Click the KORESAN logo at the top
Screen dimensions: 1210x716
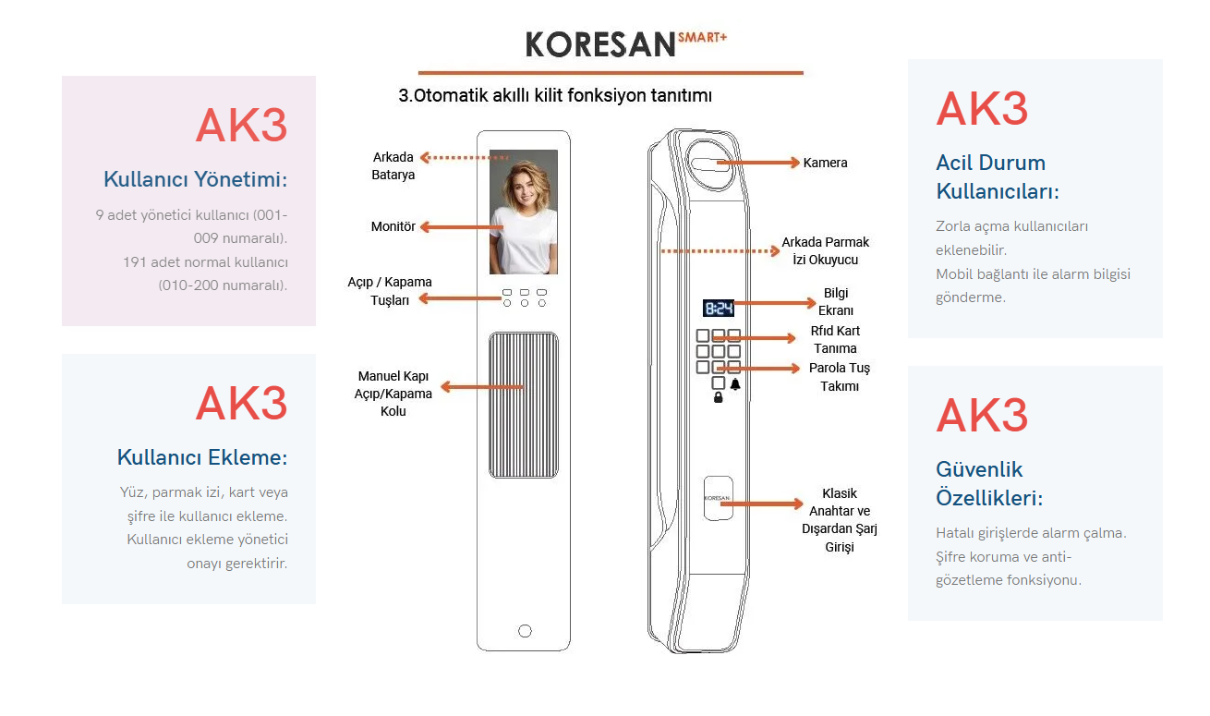click(626, 43)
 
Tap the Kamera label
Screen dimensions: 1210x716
click(825, 163)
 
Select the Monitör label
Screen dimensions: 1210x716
click(393, 226)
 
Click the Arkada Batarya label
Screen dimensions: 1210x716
click(393, 166)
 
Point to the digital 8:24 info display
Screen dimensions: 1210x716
click(719, 308)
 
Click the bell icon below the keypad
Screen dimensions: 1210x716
click(735, 384)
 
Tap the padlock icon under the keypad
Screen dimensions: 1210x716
click(718, 397)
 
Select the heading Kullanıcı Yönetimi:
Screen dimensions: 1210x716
click(196, 179)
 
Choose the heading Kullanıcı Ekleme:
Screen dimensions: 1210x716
click(202, 457)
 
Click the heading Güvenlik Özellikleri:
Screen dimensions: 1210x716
click(989, 483)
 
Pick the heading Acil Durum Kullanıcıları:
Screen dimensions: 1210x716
click(998, 176)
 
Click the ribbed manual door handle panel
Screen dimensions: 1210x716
click(524, 406)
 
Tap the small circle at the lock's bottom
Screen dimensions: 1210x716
click(525, 631)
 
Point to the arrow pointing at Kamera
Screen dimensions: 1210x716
click(758, 162)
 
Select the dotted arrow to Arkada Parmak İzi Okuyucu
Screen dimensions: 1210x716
click(720, 251)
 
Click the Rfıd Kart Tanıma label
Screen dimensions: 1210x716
click(835, 339)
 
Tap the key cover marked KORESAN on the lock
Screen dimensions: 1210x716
click(719, 498)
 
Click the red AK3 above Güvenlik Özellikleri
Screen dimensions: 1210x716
click(982, 415)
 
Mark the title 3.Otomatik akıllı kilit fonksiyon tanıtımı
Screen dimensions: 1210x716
click(555, 96)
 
